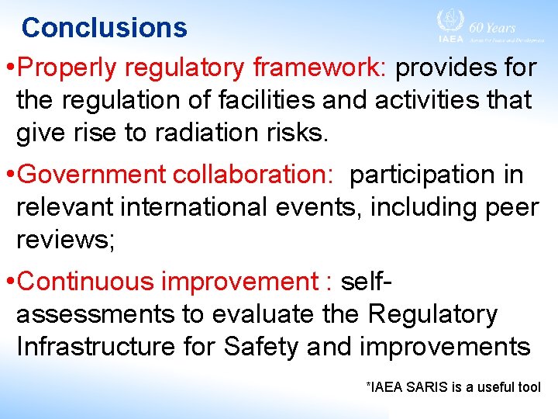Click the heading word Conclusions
click(105, 28)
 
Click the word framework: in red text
click(319, 68)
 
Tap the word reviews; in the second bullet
click(66, 240)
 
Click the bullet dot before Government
click(9, 176)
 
